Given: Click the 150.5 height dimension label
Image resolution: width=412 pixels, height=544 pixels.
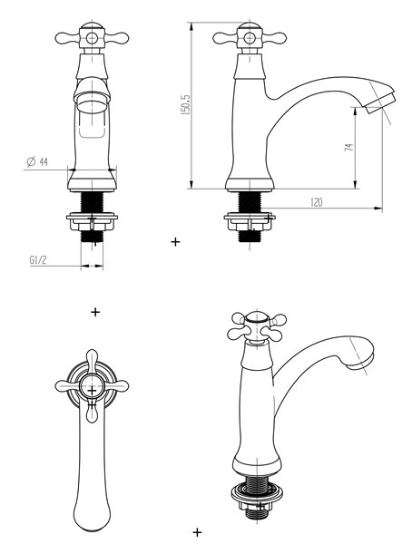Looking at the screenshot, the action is click(186, 104).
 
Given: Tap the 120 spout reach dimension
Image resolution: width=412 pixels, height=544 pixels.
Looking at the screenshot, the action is click(317, 202).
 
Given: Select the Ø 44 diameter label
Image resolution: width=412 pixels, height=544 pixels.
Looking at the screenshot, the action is click(37, 161).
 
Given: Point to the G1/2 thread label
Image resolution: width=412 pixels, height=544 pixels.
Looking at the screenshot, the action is click(38, 260).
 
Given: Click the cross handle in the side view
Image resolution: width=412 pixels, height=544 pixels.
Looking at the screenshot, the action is click(250, 37).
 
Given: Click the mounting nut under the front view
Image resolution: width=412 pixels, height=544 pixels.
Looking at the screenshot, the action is click(92, 221).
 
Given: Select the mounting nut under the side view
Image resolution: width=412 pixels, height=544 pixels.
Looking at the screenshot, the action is click(250, 222).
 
